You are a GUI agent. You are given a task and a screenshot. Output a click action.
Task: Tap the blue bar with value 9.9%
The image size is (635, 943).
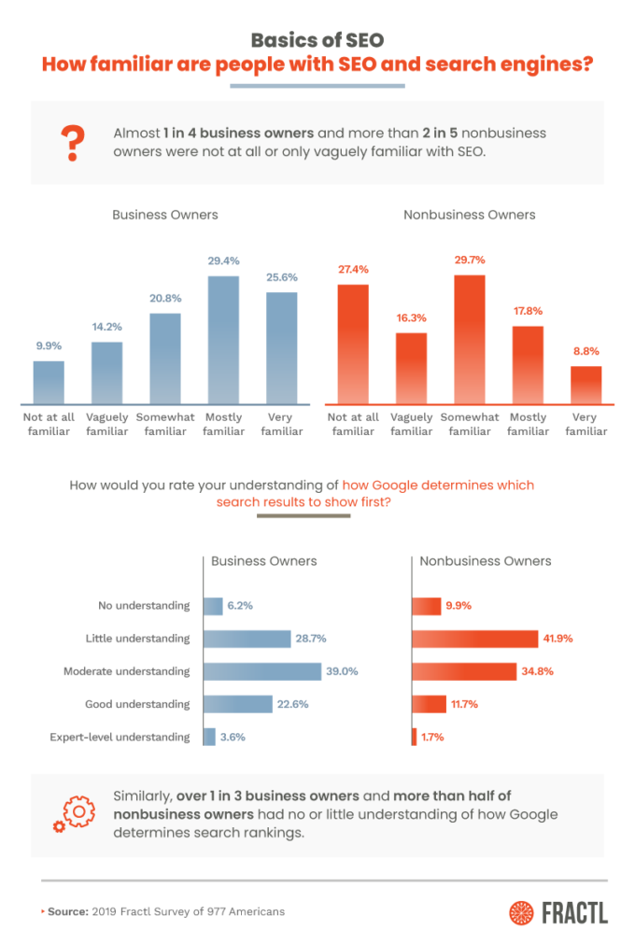coord(49,382)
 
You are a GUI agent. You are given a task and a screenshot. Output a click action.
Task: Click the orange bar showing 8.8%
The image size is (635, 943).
coord(586,386)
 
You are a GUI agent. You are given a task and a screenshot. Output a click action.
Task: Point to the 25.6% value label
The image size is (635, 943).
coord(281,278)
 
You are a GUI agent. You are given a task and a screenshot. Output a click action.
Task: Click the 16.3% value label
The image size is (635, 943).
coord(411,318)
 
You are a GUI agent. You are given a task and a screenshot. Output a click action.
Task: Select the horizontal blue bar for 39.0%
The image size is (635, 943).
coord(261,671)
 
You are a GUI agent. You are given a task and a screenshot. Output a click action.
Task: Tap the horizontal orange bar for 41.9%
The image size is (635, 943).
coord(474,639)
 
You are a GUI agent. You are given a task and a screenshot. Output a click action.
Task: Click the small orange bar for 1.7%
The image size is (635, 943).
coord(414,737)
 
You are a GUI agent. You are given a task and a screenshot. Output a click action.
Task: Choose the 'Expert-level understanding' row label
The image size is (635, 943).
coord(120,737)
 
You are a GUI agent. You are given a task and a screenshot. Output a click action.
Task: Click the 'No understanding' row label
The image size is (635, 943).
coord(144,606)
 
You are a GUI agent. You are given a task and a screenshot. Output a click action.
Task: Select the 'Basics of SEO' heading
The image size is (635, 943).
coord(317,40)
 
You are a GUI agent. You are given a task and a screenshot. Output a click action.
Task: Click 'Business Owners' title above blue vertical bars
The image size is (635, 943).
coord(164,215)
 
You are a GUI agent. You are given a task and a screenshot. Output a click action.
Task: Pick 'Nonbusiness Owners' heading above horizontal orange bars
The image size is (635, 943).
coord(485,561)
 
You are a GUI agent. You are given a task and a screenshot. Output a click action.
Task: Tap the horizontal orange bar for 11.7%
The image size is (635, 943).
coord(429,704)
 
